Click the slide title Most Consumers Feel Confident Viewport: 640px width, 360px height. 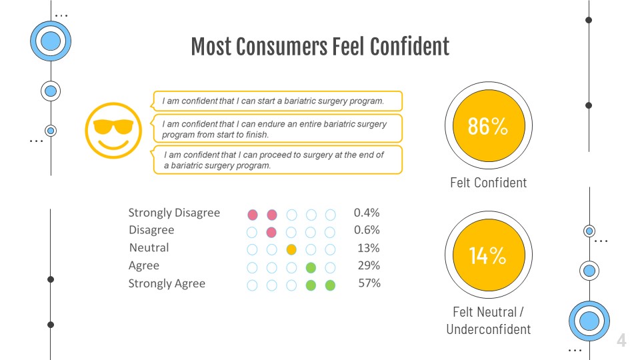pyautogui.click(x=320, y=47)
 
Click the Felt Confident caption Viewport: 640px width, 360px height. pyautogui.click(x=488, y=183)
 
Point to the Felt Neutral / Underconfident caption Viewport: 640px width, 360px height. pyautogui.click(x=488, y=320)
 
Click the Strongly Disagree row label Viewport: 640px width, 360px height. pyautogui.click(x=174, y=213)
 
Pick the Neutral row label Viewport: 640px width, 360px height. pyautogui.click(x=149, y=248)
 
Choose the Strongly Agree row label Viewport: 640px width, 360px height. pyautogui.click(x=167, y=284)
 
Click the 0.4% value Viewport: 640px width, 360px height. pyautogui.click(x=367, y=213)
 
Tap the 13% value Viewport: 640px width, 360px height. pyautogui.click(x=369, y=248)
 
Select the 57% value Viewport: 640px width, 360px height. pyautogui.click(x=369, y=283)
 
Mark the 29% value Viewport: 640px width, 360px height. pyautogui.click(x=369, y=265)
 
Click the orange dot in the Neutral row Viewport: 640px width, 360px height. pyautogui.click(x=291, y=250)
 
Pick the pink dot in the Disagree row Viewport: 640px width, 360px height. pyautogui.click(x=271, y=232)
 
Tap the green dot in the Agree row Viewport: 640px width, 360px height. pyautogui.click(x=310, y=267)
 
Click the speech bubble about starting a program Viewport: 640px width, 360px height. pyautogui.click(x=277, y=101)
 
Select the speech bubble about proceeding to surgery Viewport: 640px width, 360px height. pyautogui.click(x=277, y=160)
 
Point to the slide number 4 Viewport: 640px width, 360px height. pyautogui.click(x=621, y=341)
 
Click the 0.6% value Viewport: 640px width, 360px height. pyautogui.click(x=367, y=230)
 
